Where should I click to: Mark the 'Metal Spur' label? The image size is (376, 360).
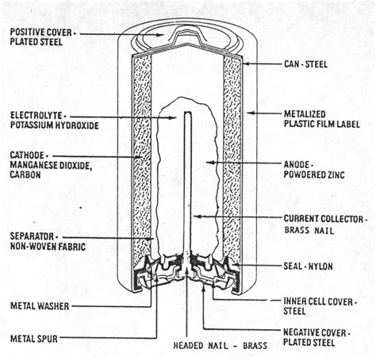pyautogui.click(x=36, y=340)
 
